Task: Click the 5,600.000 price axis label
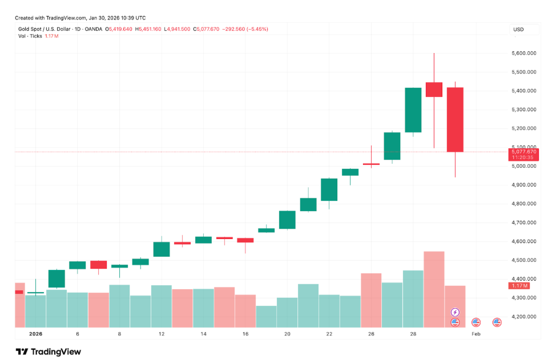(x=524, y=53)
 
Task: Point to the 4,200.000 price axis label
(x=524, y=317)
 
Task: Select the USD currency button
(x=518, y=29)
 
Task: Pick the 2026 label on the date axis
(x=35, y=334)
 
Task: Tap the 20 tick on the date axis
(x=287, y=334)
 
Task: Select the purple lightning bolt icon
(x=455, y=312)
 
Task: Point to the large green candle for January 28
(x=413, y=110)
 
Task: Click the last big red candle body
(x=455, y=120)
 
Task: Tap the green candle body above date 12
(x=162, y=249)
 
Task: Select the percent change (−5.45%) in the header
(x=255, y=29)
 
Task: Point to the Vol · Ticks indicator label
(x=29, y=36)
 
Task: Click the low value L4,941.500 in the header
(x=178, y=29)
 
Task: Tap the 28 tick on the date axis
(x=413, y=334)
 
